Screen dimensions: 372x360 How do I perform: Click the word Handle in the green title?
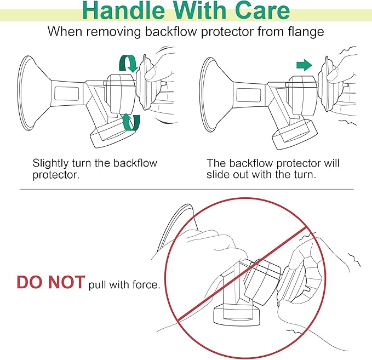pos(124,10)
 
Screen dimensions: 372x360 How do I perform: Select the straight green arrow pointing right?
pos(304,65)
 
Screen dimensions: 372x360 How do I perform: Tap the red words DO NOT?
pos(51,282)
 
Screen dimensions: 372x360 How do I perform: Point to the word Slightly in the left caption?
pos(50,163)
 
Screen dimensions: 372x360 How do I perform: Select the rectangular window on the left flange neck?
pos(67,94)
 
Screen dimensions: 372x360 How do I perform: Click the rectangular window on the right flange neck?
pos(249,95)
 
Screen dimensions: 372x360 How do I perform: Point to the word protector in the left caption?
pos(56,175)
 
